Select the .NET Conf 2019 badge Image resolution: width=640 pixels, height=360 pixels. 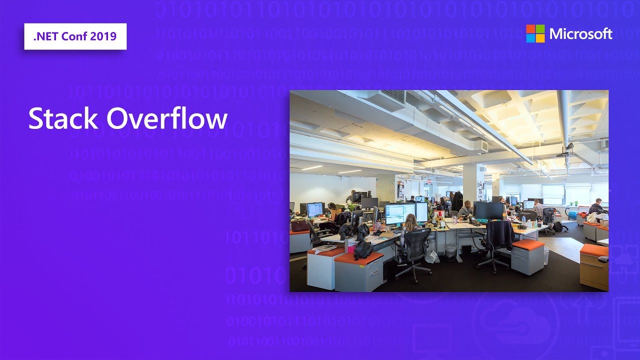[75, 36]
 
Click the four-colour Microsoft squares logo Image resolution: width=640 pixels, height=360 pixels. [535, 33]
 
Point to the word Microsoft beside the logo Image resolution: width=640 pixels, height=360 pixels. [580, 34]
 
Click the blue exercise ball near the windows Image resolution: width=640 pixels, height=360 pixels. [572, 214]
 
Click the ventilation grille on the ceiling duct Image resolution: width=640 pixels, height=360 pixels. [393, 96]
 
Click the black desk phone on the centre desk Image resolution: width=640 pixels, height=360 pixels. [473, 221]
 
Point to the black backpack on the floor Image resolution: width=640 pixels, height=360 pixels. [558, 226]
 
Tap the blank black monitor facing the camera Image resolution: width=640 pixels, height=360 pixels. [489, 210]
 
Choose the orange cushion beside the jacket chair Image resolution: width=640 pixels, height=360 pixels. [528, 244]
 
